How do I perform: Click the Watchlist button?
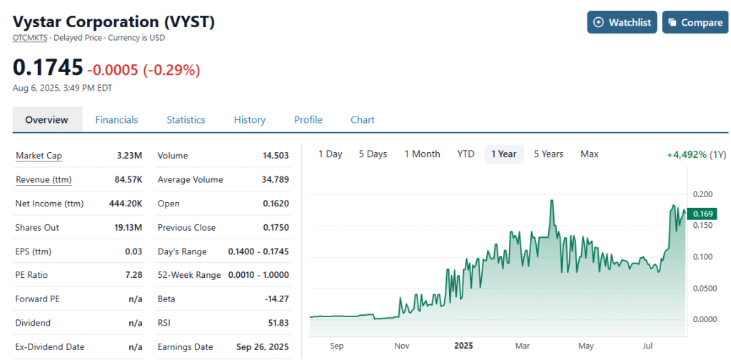622,22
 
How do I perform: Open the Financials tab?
116,120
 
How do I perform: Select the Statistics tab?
186,120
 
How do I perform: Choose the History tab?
249,120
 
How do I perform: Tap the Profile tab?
308,120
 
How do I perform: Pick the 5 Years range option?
548,154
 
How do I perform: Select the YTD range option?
465,154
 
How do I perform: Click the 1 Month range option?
422,154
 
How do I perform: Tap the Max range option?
589,154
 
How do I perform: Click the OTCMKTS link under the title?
30,39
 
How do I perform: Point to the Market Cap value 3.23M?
130,156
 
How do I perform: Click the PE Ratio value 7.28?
133,275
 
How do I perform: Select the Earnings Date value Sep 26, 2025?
263,347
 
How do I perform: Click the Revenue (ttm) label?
44,179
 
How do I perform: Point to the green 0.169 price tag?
703,214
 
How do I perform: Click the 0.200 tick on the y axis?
702,194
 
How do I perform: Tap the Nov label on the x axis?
402,346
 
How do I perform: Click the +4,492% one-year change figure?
687,155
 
